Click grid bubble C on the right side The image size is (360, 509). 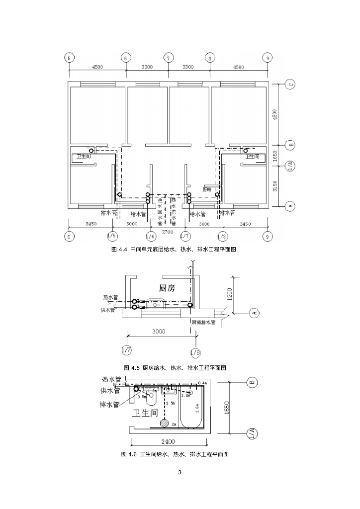point(291,84)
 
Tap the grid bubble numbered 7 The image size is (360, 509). point(169,58)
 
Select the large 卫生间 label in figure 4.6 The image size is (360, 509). point(147,413)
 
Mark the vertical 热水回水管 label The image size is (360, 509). point(160,212)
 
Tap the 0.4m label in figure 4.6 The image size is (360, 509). point(202,383)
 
